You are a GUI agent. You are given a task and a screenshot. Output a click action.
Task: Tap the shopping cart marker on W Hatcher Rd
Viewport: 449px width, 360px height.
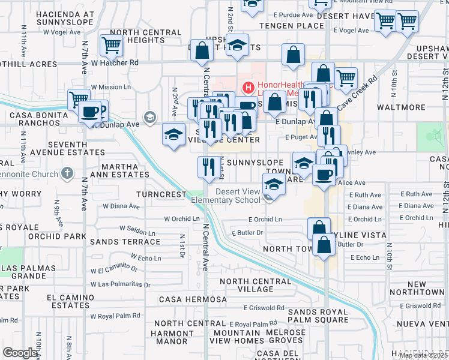tap(111, 45)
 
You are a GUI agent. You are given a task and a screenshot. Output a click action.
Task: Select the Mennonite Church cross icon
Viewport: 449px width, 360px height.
tap(67, 174)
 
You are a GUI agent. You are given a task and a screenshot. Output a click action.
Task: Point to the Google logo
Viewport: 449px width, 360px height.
tap(20, 353)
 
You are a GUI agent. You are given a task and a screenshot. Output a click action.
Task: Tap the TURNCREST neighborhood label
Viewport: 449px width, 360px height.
tap(162, 194)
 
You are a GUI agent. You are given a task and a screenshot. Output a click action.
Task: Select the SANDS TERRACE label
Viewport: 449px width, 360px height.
tap(124, 242)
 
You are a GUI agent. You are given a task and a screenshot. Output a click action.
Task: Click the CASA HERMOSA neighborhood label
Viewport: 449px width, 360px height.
tap(193, 299)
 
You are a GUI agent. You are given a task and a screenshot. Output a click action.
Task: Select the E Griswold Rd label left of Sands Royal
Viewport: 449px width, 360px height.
tap(264, 308)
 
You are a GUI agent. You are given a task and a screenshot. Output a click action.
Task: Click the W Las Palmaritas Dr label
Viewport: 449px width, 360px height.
tap(121, 284)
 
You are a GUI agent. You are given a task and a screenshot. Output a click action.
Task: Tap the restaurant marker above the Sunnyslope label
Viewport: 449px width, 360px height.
tap(208, 167)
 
